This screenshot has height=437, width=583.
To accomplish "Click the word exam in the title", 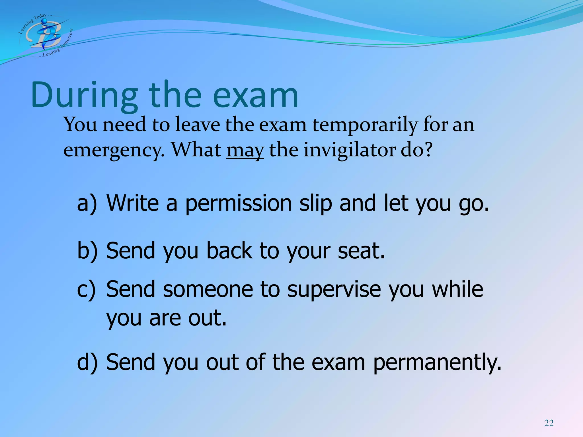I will pos(255,95).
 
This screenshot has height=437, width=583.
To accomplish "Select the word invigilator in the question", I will pos(350,150).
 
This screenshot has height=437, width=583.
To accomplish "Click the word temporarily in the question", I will pos(365,125).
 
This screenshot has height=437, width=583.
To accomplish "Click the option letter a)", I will pos(87,204).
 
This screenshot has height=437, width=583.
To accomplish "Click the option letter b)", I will pos(87,251).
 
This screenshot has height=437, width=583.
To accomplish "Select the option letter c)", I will pos(86,290).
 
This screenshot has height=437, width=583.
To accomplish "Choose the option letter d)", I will pos(87,362).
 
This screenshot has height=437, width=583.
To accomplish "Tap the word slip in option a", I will pos(316,204).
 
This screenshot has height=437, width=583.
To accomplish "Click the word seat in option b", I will pos(361,251).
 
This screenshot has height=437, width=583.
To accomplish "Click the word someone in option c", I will pos(208,290).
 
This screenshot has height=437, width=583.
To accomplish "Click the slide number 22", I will pos(549,423).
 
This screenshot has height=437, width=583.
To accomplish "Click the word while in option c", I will pos(457,290).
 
